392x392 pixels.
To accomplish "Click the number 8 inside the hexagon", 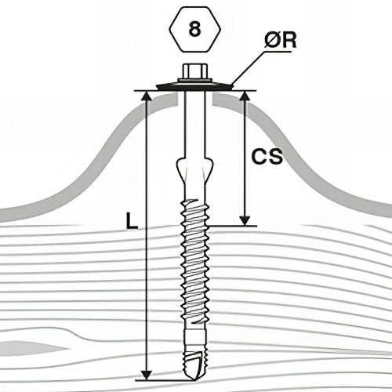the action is (194, 29).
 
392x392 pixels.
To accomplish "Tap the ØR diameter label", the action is (281, 41).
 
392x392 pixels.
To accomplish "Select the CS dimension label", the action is (267, 157).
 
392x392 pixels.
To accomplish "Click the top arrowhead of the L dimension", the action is (147, 96).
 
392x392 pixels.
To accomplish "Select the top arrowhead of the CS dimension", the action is (245, 96).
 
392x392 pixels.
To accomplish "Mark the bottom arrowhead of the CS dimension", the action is (245, 220).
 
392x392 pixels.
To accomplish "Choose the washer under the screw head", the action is (194, 86).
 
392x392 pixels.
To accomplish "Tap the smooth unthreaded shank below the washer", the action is (194, 124).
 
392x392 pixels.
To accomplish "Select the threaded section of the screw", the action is (194, 264).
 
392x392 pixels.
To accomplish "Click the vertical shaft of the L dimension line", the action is (147, 235).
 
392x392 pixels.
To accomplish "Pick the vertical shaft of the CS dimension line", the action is (245, 158).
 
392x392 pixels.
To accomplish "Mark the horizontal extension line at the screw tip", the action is (165, 380).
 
